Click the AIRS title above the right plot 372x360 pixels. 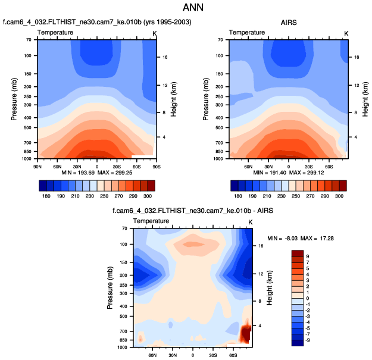(289, 23)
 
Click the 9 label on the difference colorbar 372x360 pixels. (308, 256)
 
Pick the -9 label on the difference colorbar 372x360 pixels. (307, 340)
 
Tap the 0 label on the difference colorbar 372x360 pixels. (308, 299)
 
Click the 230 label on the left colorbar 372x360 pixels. (89, 196)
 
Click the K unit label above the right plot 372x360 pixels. (347, 33)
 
